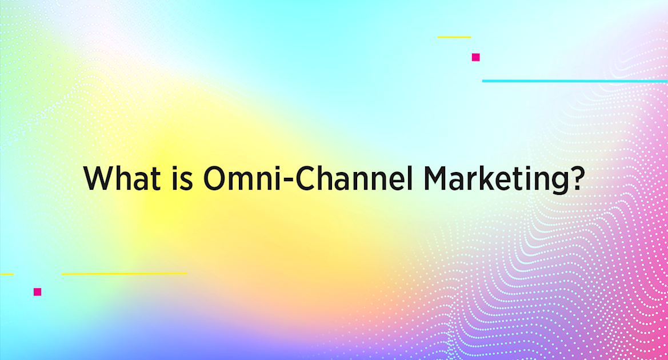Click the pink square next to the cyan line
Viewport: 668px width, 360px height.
[475, 57]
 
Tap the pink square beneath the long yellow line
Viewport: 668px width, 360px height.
[37, 291]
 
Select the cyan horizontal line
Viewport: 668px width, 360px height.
[574, 81]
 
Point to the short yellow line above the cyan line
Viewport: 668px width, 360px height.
[454, 37]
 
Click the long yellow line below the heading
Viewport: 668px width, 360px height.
[124, 274]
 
